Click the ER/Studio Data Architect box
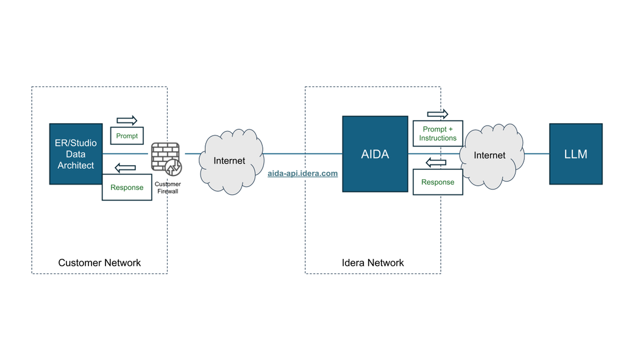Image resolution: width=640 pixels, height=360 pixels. (76, 154)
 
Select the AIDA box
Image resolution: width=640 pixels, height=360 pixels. (375, 154)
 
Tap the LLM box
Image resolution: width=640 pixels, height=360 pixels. (576, 154)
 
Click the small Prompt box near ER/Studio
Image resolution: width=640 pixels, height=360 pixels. (127, 136)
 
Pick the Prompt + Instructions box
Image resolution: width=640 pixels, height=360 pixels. (438, 133)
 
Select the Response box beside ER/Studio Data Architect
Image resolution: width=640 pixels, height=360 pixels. (127, 187)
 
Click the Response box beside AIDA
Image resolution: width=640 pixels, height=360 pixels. (438, 182)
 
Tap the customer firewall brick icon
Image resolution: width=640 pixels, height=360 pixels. (165, 157)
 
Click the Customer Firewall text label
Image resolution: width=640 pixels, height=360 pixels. (168, 188)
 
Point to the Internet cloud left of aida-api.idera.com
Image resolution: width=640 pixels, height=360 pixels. (230, 161)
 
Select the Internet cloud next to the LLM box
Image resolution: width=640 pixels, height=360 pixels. (491, 156)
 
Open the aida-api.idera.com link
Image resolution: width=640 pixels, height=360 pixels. (302, 173)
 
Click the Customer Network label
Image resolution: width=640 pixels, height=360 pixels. (99, 263)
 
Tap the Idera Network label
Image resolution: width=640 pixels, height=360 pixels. (372, 263)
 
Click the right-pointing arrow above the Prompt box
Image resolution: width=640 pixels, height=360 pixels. (127, 120)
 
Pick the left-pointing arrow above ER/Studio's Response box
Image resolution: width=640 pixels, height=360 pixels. (126, 168)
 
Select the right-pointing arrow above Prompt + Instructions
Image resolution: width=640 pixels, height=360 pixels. (438, 114)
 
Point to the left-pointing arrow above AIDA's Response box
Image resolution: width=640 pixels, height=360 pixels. (436, 162)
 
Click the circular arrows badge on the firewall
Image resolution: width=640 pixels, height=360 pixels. (174, 167)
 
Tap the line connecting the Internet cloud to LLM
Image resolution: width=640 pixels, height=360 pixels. (537, 154)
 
